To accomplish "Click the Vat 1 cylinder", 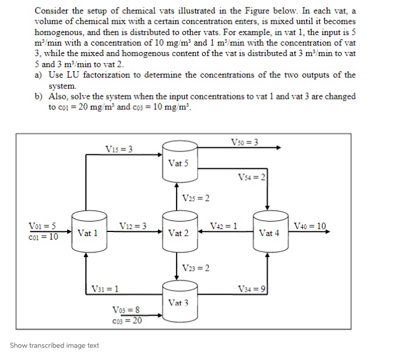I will pos(87,232).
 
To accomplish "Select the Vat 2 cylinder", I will pos(178,232).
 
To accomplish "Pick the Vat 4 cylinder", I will pos(268,232).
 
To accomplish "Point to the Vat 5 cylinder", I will pos(178,162).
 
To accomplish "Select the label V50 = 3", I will pos(245,141).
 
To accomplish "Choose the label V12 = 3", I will pos(132,226).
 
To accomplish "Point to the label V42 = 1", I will pos(223,226).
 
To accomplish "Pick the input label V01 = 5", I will pos(43,226).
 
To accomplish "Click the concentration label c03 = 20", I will pos(125,320).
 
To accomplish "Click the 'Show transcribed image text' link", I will pos(54,345).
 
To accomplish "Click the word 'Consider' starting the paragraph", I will pos(52,11).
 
